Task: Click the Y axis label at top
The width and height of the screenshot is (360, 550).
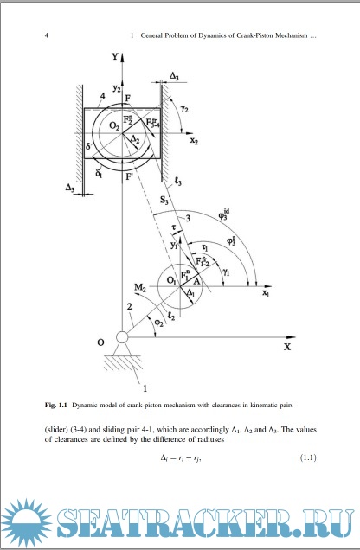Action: [115, 56]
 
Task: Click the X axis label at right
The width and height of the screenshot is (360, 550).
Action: [287, 347]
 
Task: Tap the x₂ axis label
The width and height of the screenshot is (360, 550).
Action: [194, 141]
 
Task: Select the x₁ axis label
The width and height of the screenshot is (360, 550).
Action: [266, 293]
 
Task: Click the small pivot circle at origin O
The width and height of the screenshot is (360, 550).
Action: [122, 337]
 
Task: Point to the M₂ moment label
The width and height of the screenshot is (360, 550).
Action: [139, 288]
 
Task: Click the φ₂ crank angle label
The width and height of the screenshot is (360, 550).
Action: [159, 323]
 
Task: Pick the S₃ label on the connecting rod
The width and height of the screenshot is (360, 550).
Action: [164, 201]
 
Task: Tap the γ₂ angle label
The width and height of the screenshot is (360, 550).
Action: [184, 109]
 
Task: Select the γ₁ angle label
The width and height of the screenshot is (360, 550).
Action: [227, 272]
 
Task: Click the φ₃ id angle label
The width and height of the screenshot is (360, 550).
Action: [224, 214]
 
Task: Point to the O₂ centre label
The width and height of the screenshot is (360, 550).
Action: [114, 125]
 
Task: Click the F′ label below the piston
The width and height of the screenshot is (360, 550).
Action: [129, 176]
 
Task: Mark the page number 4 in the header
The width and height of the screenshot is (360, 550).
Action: [47, 35]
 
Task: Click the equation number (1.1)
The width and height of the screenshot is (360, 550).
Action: [308, 457]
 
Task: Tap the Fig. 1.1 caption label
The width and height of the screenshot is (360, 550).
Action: [55, 405]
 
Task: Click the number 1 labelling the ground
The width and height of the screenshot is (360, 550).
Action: [145, 388]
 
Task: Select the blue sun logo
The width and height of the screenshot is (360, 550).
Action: [27, 523]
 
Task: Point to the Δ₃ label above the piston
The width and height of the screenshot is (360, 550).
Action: [174, 76]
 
